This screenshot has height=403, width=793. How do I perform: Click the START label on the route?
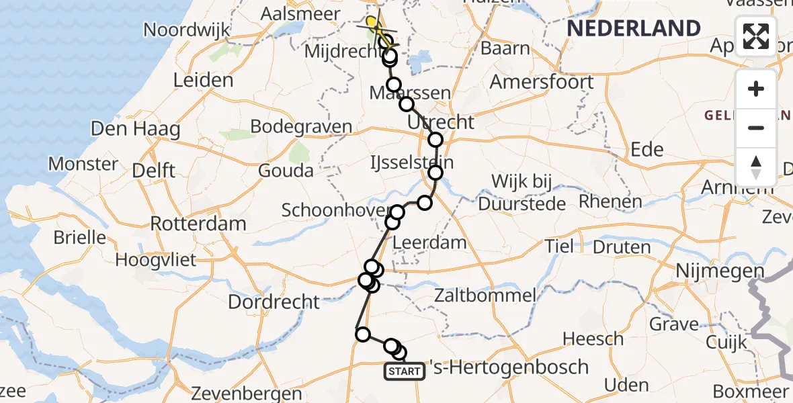pos(405,371)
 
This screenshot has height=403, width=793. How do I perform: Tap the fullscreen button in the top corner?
pos(756,36)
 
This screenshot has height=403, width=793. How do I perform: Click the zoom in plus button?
pos(756,89)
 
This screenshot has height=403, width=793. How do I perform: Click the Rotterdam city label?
pos(198,223)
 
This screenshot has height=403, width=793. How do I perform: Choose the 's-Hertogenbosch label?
pos(509,367)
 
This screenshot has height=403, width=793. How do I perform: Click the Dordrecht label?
pos(274,301)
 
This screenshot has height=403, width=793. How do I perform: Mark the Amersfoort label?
pos(542,82)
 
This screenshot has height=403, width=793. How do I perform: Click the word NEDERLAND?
pos(634,28)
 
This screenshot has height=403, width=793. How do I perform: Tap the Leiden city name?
pos(203,81)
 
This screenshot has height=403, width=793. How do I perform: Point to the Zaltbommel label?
pos(485,294)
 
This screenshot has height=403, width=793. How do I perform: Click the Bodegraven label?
pos(301,126)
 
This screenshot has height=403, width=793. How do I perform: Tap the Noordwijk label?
pos(187,30)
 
